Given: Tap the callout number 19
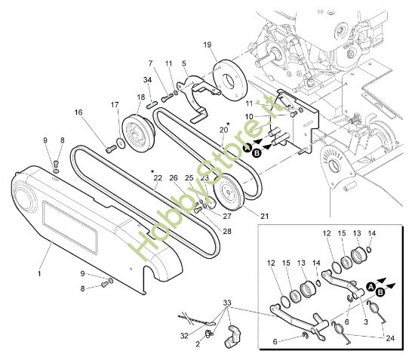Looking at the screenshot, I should (x=207, y=45).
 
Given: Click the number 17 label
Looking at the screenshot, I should (x=115, y=104).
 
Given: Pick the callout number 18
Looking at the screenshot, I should (x=140, y=97).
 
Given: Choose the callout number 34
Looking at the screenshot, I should (x=147, y=79).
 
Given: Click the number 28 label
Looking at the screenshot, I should (x=228, y=232).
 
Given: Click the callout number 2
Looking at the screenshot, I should (x=198, y=344).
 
